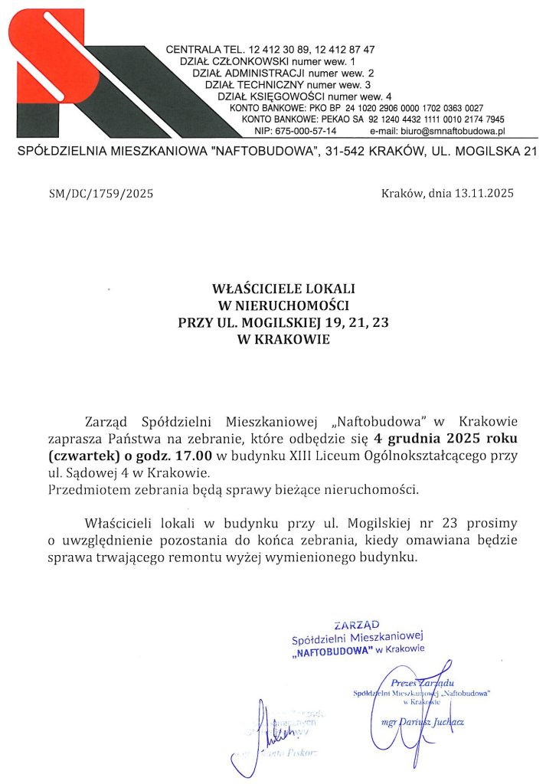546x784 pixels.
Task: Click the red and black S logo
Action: [77, 73]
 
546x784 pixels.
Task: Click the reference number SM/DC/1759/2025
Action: [101, 194]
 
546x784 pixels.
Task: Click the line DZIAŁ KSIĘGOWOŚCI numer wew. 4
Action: [305, 96]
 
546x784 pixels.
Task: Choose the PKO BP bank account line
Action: [356, 108]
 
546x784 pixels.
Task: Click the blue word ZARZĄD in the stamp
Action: [351, 625]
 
